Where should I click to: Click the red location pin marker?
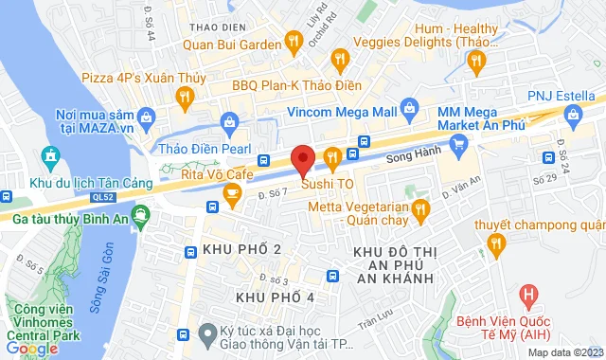[x=302, y=159]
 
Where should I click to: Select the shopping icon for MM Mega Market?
[x=459, y=143]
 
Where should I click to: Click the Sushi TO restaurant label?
[x=328, y=183]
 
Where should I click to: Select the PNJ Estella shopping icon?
[x=573, y=115]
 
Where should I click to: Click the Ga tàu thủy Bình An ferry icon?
[x=140, y=215]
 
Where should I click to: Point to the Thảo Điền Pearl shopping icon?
[x=228, y=120]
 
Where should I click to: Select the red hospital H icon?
[x=530, y=297]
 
